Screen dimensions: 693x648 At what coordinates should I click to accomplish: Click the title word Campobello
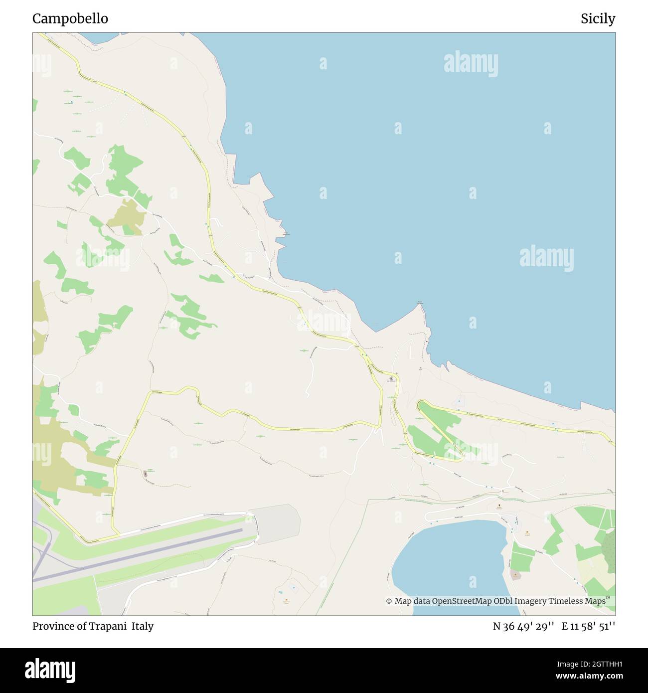click(x=70, y=19)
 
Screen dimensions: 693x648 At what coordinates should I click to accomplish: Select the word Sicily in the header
click(x=598, y=19)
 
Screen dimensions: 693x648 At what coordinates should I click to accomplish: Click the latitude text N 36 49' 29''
click(x=523, y=626)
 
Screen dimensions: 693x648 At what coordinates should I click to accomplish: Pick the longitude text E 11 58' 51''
click(x=588, y=626)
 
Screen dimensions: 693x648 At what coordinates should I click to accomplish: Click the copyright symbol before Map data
click(x=389, y=601)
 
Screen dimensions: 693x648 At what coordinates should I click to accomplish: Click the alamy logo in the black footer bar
click(x=50, y=670)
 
